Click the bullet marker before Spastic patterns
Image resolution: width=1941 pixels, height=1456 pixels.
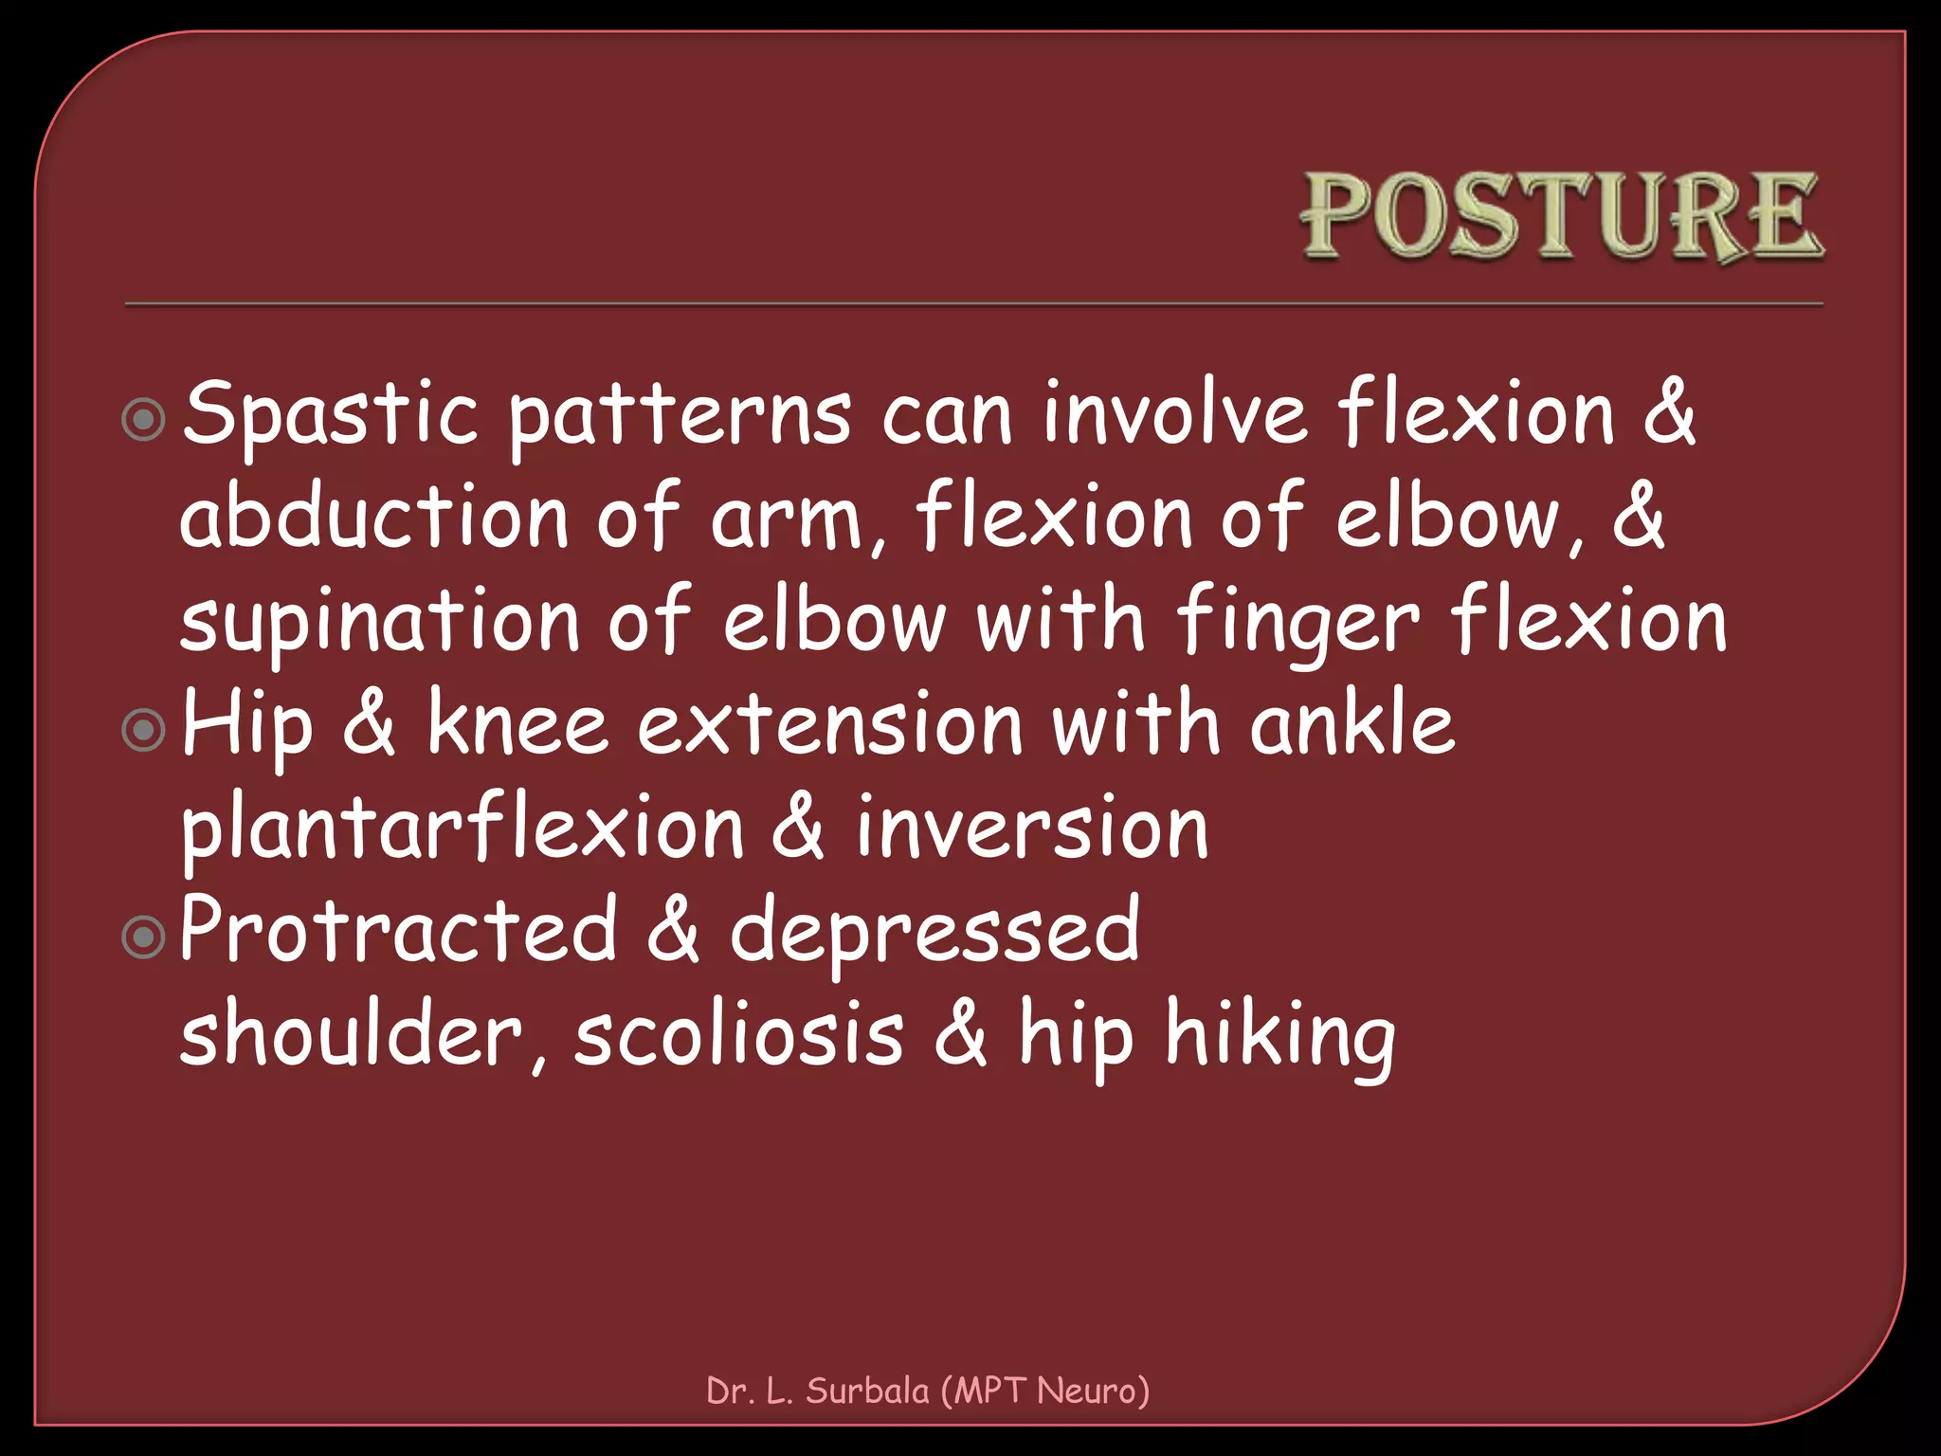click(144, 419)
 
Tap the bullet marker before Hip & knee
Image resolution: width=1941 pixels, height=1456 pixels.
click(144, 730)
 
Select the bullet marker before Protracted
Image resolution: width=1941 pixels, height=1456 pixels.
click(144, 937)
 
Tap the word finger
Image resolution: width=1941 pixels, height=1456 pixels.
click(1297, 622)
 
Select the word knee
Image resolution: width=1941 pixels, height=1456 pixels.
click(517, 725)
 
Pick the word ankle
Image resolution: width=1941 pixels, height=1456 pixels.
click(1351, 725)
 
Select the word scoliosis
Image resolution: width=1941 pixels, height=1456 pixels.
click(739, 1035)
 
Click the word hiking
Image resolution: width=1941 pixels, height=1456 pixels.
click(1280, 1037)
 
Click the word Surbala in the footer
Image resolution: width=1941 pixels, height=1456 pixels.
click(867, 1391)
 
